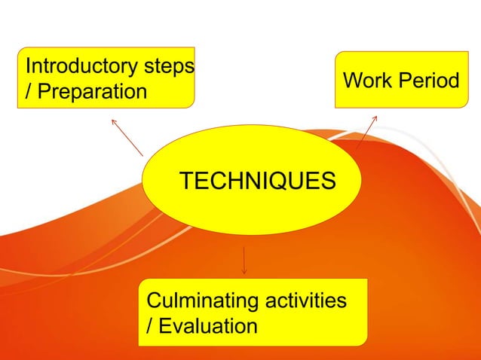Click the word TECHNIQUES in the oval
click(256, 182)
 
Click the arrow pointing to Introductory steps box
click(126, 136)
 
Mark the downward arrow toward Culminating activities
click(244, 260)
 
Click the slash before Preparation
click(29, 92)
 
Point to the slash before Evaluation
click(149, 326)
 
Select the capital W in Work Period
click(352, 80)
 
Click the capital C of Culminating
click(153, 301)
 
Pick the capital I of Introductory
click(29, 67)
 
